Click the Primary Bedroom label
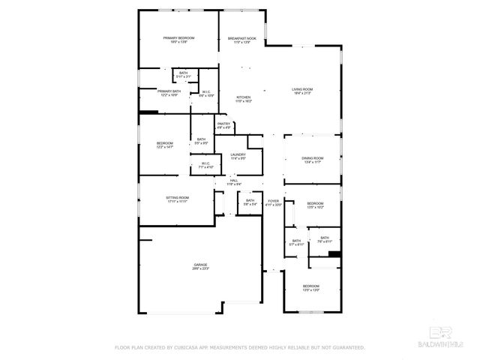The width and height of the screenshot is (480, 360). click(x=179, y=40)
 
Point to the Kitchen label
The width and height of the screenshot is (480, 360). click(x=244, y=99)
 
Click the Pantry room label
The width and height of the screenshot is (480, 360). click(x=223, y=125)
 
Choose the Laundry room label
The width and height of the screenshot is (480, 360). click(x=238, y=156)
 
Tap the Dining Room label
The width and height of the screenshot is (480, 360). click(x=312, y=160)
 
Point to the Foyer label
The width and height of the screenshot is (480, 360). click(x=274, y=202)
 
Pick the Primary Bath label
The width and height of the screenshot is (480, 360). click(x=169, y=93)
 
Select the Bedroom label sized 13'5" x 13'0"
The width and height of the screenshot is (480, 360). click(x=310, y=288)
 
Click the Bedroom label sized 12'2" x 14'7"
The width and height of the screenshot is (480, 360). click(x=165, y=145)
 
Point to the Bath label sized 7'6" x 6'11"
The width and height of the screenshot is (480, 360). click(x=324, y=240)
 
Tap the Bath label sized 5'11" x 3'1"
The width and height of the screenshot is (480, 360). click(x=184, y=75)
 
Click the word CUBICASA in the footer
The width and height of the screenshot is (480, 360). click(x=189, y=348)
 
